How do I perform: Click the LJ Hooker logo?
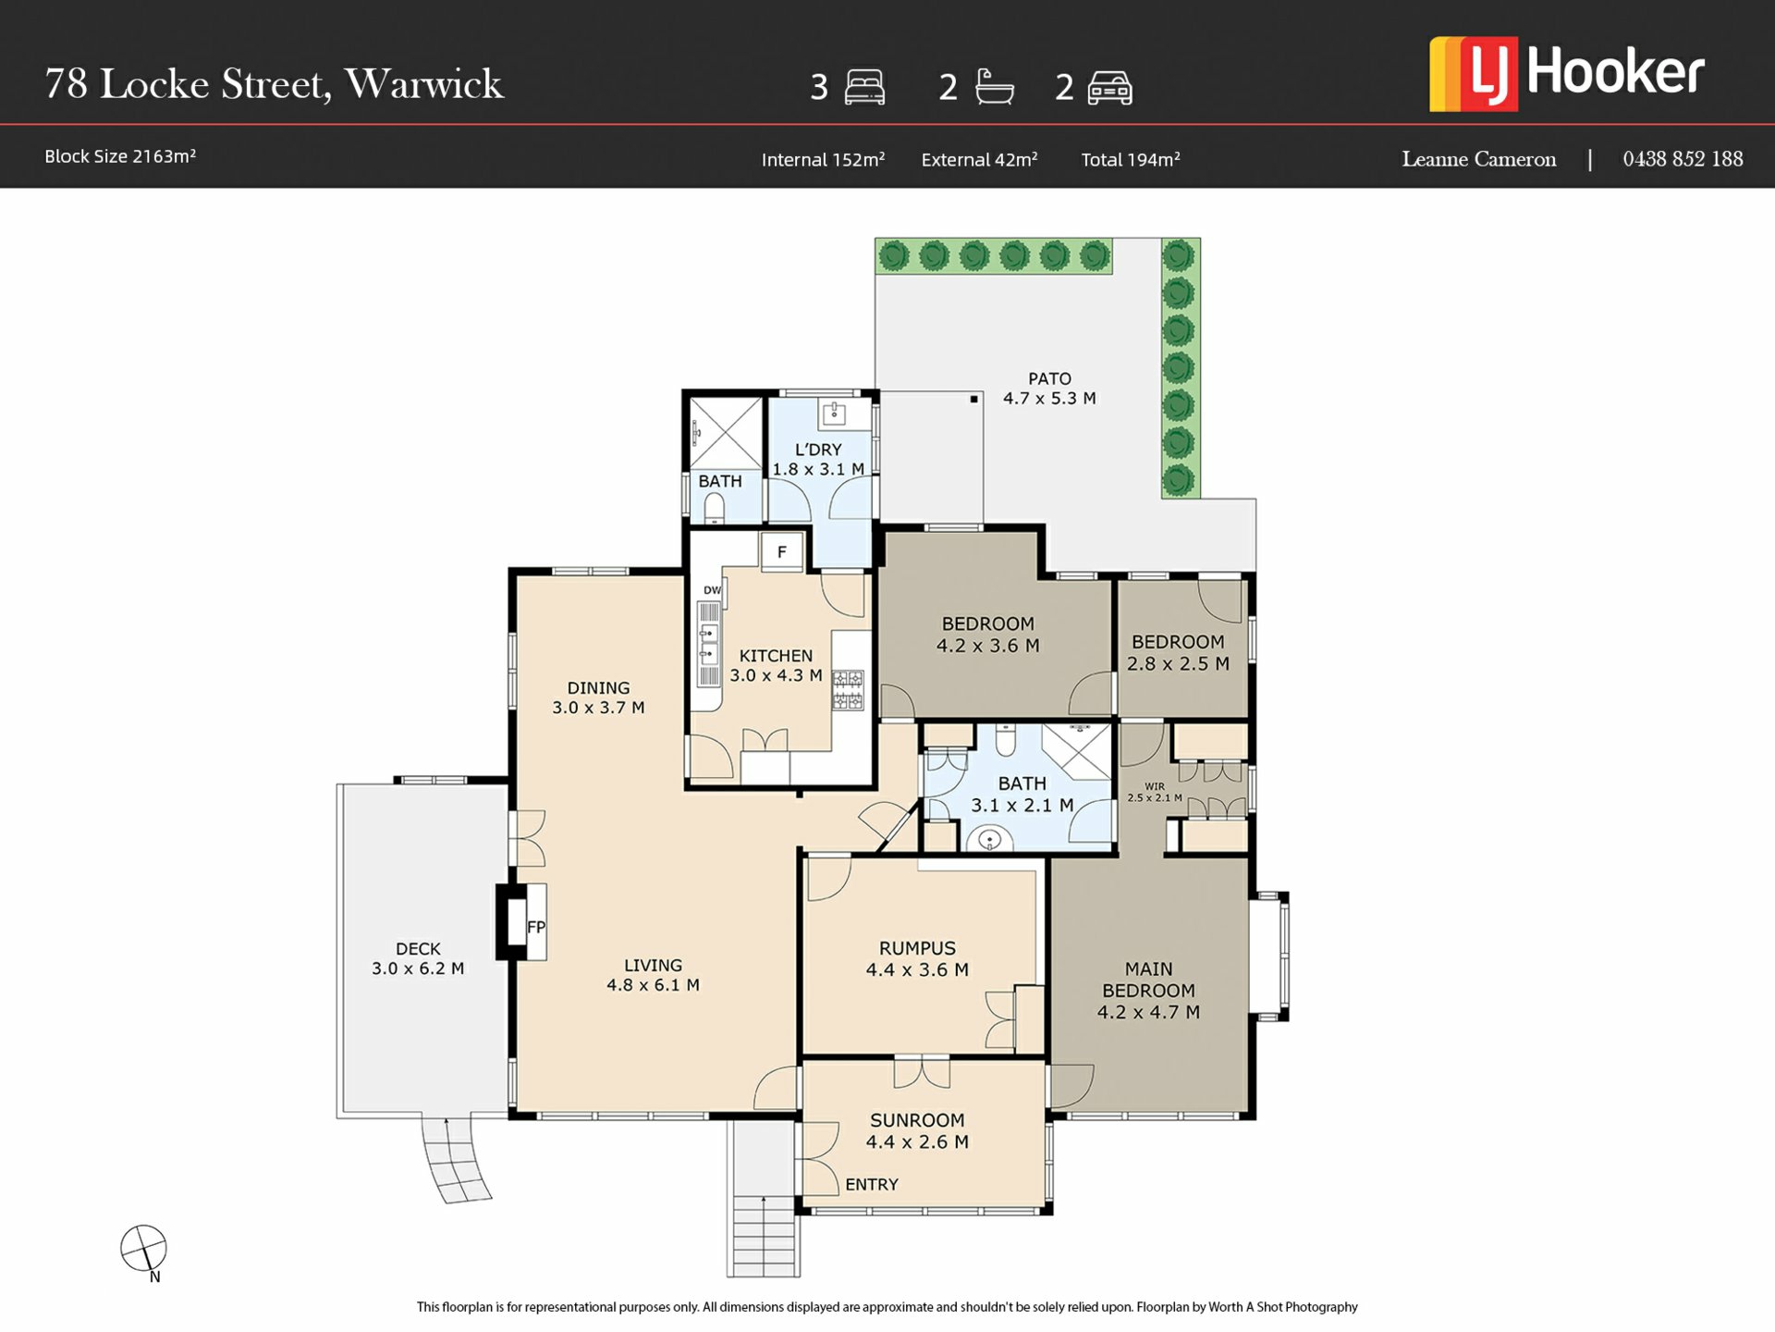[x=1566, y=74]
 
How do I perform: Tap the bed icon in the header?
[x=864, y=87]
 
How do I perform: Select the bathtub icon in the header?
[x=994, y=86]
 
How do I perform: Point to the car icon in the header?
[x=1110, y=88]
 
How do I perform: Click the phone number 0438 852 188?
[x=1683, y=159]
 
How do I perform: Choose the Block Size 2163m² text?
[x=120, y=156]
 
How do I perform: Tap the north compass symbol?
[x=144, y=1251]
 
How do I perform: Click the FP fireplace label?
[x=536, y=927]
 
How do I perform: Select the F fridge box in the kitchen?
[x=782, y=552]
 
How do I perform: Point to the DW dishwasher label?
[x=712, y=590]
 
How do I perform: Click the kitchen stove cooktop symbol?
[x=848, y=690]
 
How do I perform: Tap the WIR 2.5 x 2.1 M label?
[x=1155, y=792]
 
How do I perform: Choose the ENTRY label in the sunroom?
[x=872, y=1184]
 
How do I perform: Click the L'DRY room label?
[x=818, y=450]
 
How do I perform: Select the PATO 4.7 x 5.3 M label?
[x=1050, y=388]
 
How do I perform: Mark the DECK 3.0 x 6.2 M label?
[x=418, y=958]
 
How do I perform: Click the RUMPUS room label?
[x=917, y=948]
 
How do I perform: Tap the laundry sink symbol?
[x=835, y=413]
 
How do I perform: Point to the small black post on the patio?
[x=973, y=400]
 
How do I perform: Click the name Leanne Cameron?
[x=1479, y=159]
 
